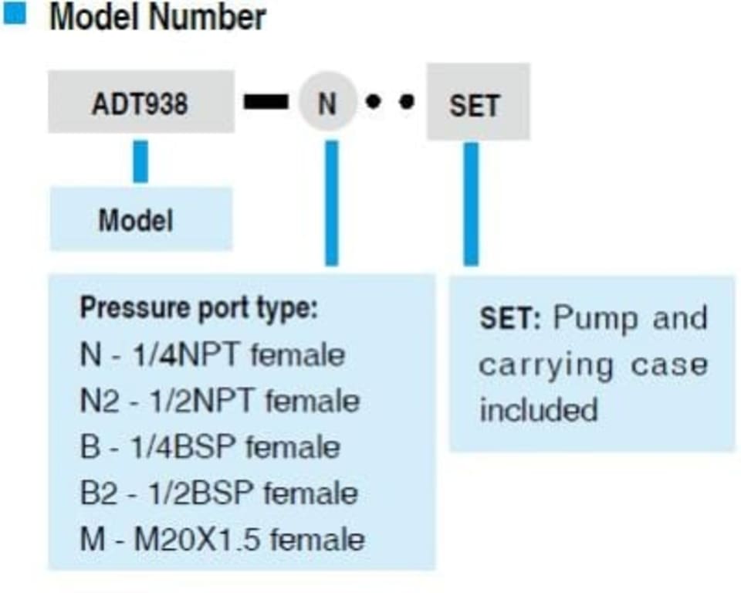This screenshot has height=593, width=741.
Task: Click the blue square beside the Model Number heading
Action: click(15, 15)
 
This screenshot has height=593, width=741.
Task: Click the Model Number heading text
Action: click(157, 17)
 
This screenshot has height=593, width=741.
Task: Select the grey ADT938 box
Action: click(140, 103)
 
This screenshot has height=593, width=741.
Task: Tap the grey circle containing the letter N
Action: click(327, 102)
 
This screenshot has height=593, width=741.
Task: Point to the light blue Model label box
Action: click(140, 220)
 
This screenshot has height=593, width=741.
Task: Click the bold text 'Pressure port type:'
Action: click(198, 309)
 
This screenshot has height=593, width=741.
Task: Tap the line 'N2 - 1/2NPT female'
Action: click(219, 401)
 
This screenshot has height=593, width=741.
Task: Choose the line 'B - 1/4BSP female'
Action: click(209, 447)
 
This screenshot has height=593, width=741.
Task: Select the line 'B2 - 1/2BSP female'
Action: click(218, 493)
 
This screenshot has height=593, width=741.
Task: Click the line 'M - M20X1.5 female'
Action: click(222, 539)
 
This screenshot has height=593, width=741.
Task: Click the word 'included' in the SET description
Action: click(539, 409)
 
